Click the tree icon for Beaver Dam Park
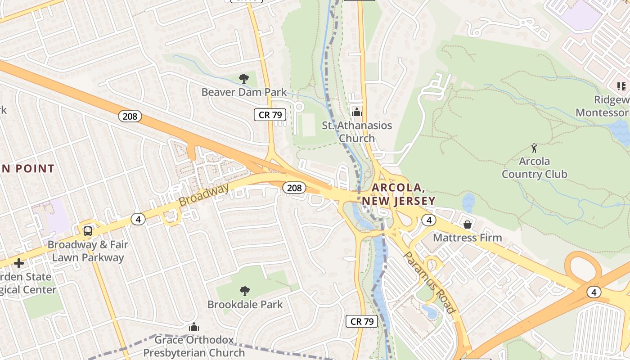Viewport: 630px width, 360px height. point(244,79)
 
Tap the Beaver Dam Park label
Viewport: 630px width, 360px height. point(244,92)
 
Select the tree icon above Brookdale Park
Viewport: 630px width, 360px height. point(245,291)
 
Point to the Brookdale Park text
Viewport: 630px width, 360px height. point(245,305)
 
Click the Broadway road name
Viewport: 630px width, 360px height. point(204,195)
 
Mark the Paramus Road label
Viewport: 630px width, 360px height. point(429,282)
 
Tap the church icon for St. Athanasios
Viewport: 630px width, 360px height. point(357,112)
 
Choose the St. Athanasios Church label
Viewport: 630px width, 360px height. point(357,132)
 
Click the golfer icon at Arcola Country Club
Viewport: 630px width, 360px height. point(534,148)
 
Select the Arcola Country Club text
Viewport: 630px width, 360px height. point(534,167)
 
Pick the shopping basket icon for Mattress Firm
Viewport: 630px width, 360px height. point(468,224)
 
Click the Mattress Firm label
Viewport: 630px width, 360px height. point(468,237)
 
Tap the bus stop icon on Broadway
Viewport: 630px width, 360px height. point(88,231)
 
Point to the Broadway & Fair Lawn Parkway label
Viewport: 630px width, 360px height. point(88,251)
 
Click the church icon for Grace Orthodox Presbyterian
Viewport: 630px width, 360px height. point(194,327)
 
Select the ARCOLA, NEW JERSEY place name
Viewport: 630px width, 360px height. point(398,194)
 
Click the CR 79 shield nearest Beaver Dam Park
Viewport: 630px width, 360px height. point(270,115)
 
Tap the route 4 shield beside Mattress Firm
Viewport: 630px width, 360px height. point(429,220)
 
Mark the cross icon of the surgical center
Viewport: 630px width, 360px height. point(19,263)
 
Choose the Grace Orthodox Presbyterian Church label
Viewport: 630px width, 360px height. point(194,346)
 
